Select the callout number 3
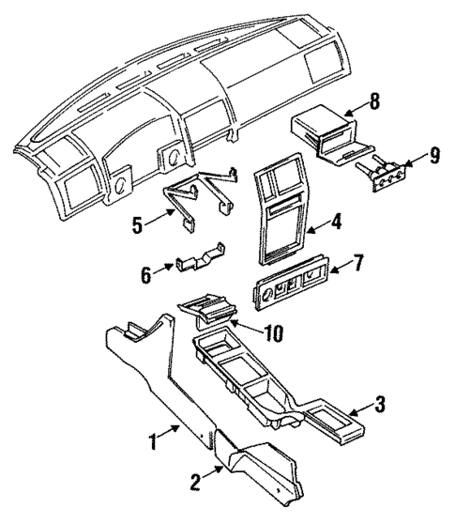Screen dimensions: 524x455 379,406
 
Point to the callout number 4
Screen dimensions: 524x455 335,224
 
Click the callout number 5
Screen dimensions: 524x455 138,225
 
